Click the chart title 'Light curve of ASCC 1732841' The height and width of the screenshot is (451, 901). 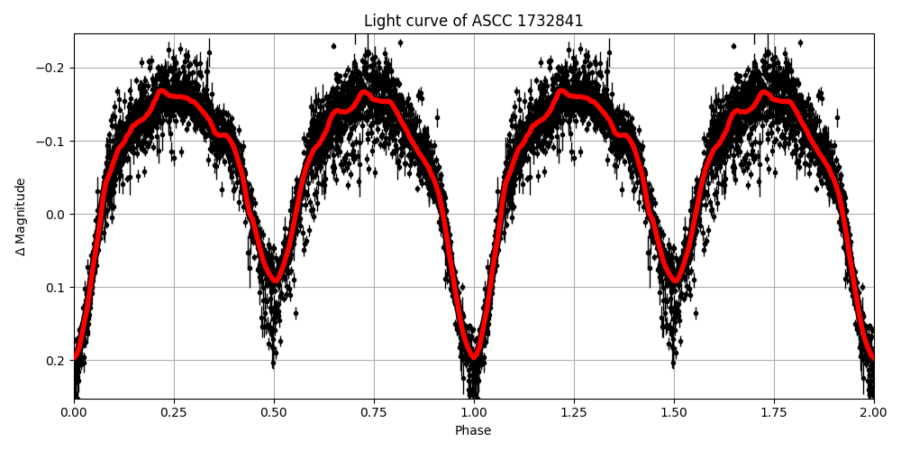click(473, 21)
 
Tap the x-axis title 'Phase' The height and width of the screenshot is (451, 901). click(473, 431)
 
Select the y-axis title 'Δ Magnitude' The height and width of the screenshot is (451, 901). click(21, 216)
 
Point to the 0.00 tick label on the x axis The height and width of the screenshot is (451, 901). click(74, 412)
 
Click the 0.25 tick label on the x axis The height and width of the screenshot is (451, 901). click(174, 412)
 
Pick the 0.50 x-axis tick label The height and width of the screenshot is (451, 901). click(274, 412)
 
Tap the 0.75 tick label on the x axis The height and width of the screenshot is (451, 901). click(374, 412)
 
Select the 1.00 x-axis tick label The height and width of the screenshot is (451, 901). click(474, 412)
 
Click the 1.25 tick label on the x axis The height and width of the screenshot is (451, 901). click(574, 412)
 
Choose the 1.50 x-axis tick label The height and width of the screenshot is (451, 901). click(674, 412)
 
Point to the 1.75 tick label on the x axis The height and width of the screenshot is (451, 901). click(774, 412)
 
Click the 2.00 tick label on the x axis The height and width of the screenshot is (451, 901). click(873, 412)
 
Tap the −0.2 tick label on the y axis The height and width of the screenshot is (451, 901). click(51, 69)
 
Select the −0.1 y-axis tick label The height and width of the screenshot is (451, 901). click(51, 142)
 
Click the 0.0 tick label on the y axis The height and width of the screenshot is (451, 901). click(56, 215)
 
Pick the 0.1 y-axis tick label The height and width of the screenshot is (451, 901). click(56, 288)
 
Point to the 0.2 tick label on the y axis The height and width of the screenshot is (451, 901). click(56, 361)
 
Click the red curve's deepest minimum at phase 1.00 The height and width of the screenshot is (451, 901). click(474, 358)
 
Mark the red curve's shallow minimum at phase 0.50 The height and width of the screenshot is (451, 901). click(276, 281)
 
